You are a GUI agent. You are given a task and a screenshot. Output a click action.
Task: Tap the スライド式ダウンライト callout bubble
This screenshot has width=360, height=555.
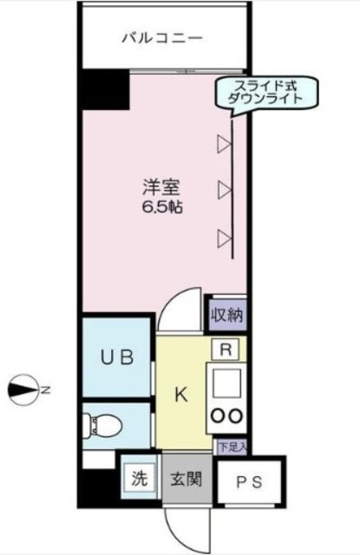[x=265, y=92]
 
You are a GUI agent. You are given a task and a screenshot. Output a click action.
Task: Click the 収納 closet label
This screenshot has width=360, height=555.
[x=226, y=315]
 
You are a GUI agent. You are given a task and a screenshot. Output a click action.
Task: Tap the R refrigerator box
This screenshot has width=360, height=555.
[x=226, y=351]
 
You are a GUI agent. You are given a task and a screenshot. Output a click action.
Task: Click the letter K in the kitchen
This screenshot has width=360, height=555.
[x=181, y=395]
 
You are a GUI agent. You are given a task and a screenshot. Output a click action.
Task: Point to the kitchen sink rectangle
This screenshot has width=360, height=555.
[x=226, y=382]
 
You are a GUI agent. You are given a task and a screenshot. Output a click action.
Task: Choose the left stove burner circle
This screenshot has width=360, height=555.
[x=217, y=415]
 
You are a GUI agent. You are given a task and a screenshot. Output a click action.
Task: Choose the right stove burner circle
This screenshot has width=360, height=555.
[x=235, y=415]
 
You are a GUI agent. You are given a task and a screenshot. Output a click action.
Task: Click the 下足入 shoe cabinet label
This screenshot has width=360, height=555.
[x=231, y=447]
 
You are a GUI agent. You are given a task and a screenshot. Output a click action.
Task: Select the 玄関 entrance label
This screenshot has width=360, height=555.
[x=184, y=479]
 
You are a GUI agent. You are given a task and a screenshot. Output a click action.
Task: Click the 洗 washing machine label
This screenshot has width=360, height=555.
[x=138, y=478]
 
